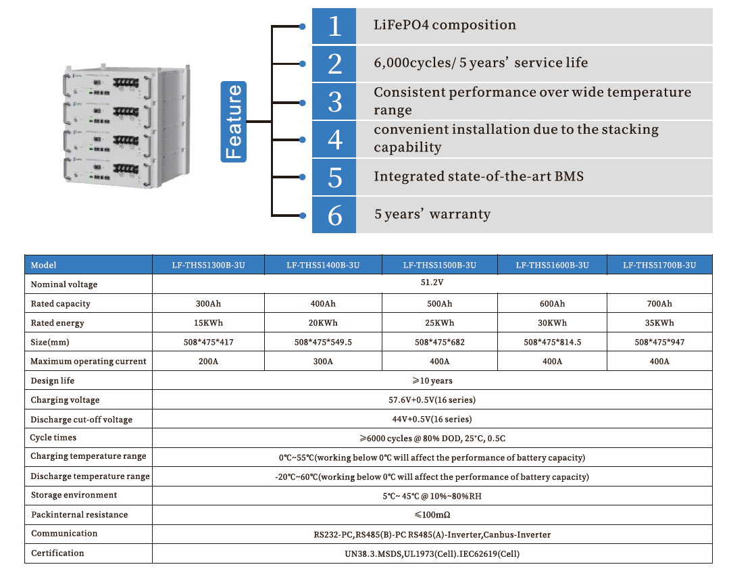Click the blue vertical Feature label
pyautogui.click(x=233, y=122)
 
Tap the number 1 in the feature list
pyautogui.click(x=334, y=26)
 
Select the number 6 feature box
pyautogui.click(x=334, y=215)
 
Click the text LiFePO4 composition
pyautogui.click(x=445, y=26)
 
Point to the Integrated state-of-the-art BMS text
pyautogui.click(x=478, y=176)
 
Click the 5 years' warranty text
pyautogui.click(x=432, y=215)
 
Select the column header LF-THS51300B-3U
pyautogui.click(x=208, y=266)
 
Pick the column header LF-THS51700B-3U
pyautogui.click(x=659, y=266)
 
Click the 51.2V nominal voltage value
pyautogui.click(x=432, y=284)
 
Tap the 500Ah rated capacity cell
pyautogui.click(x=439, y=303)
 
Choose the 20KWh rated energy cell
pyautogui.click(x=323, y=323)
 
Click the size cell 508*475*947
pyautogui.click(x=659, y=342)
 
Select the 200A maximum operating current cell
pyautogui.click(x=208, y=362)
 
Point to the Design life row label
pyautogui.click(x=53, y=380)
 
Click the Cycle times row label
pyautogui.click(x=53, y=438)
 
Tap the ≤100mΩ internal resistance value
pyautogui.click(x=432, y=515)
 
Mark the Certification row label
pyautogui.click(x=57, y=553)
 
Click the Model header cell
pyautogui.click(x=44, y=266)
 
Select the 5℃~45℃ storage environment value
pyautogui.click(x=432, y=496)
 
